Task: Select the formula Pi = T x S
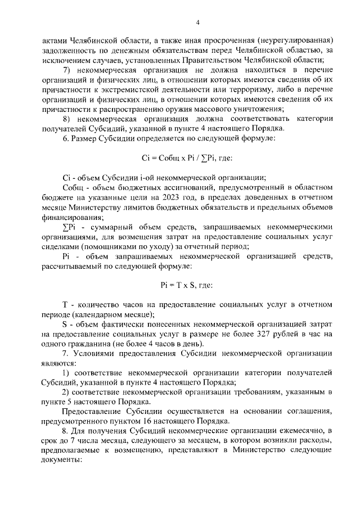point(186,285)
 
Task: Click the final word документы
point(62,460)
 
